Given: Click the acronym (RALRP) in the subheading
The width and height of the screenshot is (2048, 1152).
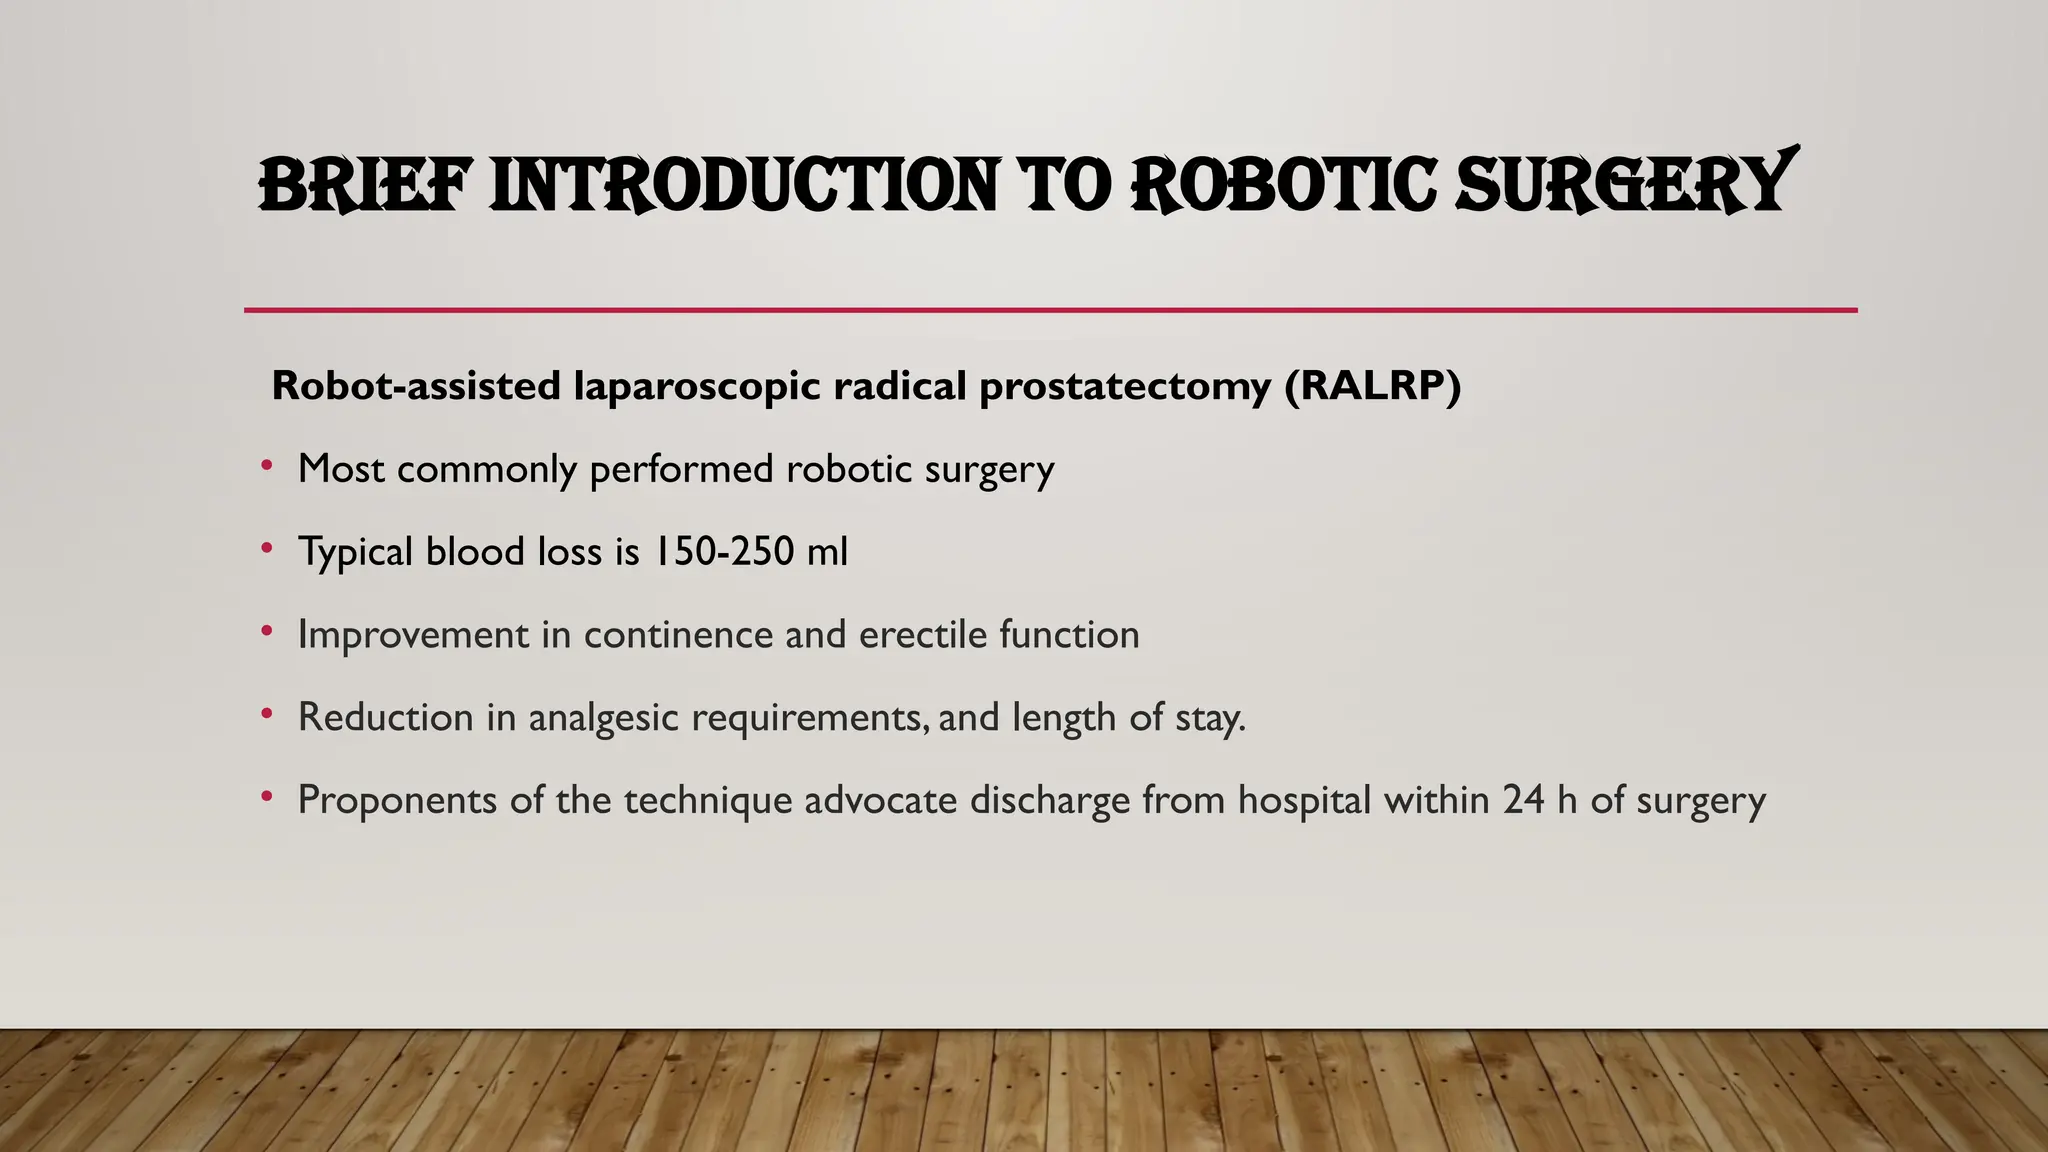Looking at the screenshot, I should [x=1372, y=386].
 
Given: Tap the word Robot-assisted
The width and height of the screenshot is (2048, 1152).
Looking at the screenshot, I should [x=416, y=386].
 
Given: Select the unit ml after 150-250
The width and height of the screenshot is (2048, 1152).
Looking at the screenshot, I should [x=827, y=551].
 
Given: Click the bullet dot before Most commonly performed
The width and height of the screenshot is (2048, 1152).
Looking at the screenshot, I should [x=266, y=465].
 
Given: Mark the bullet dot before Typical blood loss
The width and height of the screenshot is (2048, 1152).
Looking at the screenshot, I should [x=266, y=548].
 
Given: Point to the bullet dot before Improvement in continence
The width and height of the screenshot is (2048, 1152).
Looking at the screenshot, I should [x=266, y=631].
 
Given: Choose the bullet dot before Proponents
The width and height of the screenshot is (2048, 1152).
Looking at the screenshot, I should [x=266, y=797].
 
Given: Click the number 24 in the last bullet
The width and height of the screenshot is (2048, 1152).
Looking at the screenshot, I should [x=1523, y=800].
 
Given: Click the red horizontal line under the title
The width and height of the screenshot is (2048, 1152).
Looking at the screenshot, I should [x=1050, y=310].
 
